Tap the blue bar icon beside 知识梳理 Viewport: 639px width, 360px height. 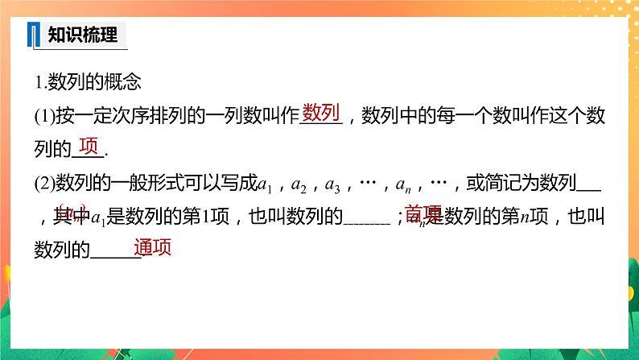34,35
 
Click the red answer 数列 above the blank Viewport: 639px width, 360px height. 322,113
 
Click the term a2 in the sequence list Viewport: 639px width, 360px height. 299,185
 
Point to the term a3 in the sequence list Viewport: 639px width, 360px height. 332,185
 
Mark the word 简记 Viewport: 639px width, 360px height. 499,184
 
